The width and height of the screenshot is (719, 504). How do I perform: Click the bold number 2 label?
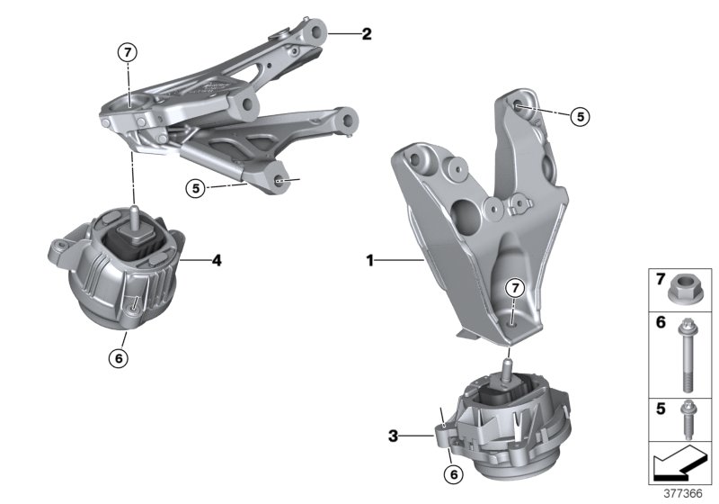pyautogui.click(x=366, y=35)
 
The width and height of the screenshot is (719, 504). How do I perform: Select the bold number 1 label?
pyautogui.click(x=369, y=261)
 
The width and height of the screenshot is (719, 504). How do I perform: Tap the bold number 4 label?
pyautogui.click(x=217, y=262)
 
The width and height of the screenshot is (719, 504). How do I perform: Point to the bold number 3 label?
pyautogui.click(x=393, y=436)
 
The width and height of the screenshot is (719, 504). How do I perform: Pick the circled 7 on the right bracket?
pyautogui.click(x=512, y=288)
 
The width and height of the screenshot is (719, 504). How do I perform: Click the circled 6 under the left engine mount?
pyautogui.click(x=120, y=357)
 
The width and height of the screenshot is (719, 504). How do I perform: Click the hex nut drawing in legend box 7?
pyautogui.click(x=683, y=289)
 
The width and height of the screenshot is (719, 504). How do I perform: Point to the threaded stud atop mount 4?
pyautogui.click(x=133, y=216)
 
